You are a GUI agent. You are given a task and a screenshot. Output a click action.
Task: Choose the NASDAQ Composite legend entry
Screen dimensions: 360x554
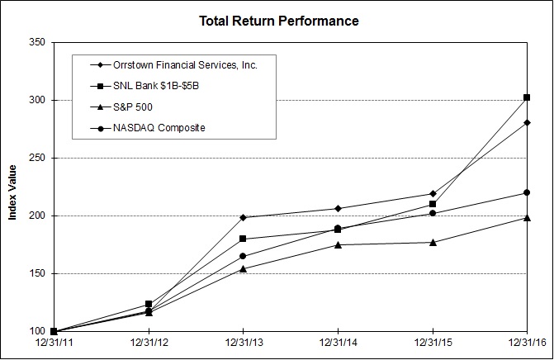(x=159, y=128)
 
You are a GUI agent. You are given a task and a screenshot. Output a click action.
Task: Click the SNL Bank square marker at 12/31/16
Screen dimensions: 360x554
(x=527, y=97)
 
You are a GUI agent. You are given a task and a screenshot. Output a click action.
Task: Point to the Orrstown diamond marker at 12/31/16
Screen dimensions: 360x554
(x=527, y=122)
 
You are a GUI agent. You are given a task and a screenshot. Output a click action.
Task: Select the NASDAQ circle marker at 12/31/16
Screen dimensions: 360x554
(x=527, y=192)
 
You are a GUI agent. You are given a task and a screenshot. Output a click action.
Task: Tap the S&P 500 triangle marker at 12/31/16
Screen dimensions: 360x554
(x=527, y=217)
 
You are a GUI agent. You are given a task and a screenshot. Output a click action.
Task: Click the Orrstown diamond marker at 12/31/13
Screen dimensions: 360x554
(x=242, y=217)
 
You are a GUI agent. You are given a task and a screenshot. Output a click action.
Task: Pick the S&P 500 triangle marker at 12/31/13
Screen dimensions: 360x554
(x=242, y=268)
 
